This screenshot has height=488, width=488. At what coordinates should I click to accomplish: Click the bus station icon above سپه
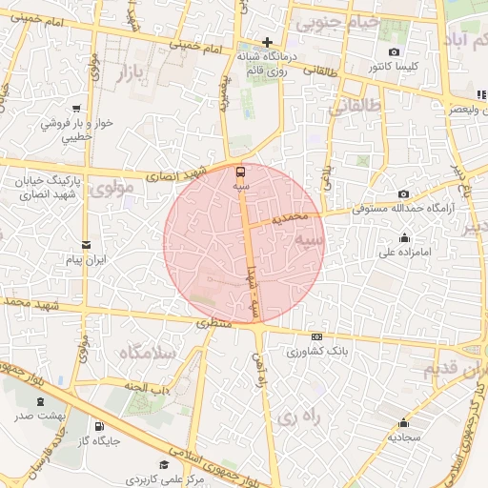[239, 173]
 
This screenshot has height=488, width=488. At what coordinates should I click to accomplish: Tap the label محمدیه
[291, 218]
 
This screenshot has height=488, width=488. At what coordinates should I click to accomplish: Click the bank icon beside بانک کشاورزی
[316, 336]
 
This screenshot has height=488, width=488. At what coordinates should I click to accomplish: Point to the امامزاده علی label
[406, 254]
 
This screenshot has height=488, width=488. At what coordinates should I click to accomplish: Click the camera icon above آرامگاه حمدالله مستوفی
[403, 193]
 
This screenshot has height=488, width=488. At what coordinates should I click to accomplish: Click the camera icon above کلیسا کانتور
[395, 51]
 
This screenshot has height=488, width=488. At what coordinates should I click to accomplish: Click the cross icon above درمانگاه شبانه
[268, 42]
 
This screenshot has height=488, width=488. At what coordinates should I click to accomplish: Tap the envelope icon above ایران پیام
[86, 244]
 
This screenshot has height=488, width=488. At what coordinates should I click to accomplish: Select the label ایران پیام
[87, 259]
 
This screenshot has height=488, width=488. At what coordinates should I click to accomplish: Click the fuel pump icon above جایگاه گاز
[99, 426]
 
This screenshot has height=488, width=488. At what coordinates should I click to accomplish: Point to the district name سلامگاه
[146, 354]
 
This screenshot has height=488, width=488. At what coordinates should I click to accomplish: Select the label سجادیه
[404, 437]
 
